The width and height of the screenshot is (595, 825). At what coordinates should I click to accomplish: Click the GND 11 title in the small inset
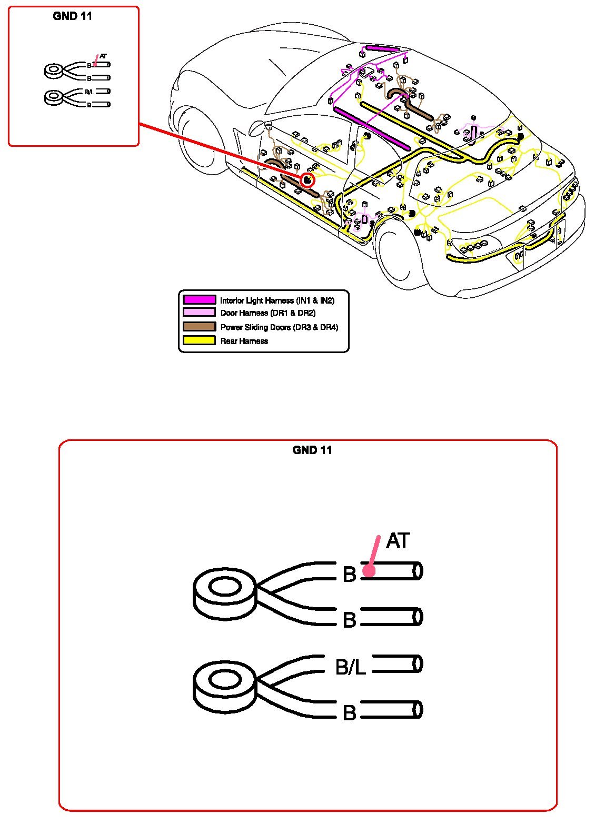(73, 16)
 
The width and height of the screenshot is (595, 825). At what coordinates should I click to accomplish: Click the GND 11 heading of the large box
(312, 450)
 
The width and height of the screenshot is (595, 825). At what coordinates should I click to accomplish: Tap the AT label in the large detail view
(398, 541)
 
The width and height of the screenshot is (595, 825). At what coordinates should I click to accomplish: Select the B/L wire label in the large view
(350, 668)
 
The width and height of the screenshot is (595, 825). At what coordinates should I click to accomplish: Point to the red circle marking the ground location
(307, 180)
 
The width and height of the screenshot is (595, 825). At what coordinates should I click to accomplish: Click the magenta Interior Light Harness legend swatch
(199, 300)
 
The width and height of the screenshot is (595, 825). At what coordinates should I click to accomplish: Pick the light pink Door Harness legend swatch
(199, 313)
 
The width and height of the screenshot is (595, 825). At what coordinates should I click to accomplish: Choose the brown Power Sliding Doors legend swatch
(199, 327)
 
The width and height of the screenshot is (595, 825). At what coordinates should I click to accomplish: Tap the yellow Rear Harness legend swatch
(199, 340)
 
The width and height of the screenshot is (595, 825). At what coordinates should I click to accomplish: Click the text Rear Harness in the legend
(244, 341)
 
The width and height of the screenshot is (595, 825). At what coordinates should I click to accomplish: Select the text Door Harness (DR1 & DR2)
(267, 313)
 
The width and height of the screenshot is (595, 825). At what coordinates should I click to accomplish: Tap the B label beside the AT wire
(349, 575)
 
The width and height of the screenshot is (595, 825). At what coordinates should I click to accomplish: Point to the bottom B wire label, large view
(349, 713)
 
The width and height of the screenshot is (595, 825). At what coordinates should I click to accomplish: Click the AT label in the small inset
(103, 56)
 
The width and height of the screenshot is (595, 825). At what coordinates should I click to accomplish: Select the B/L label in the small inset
(89, 92)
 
